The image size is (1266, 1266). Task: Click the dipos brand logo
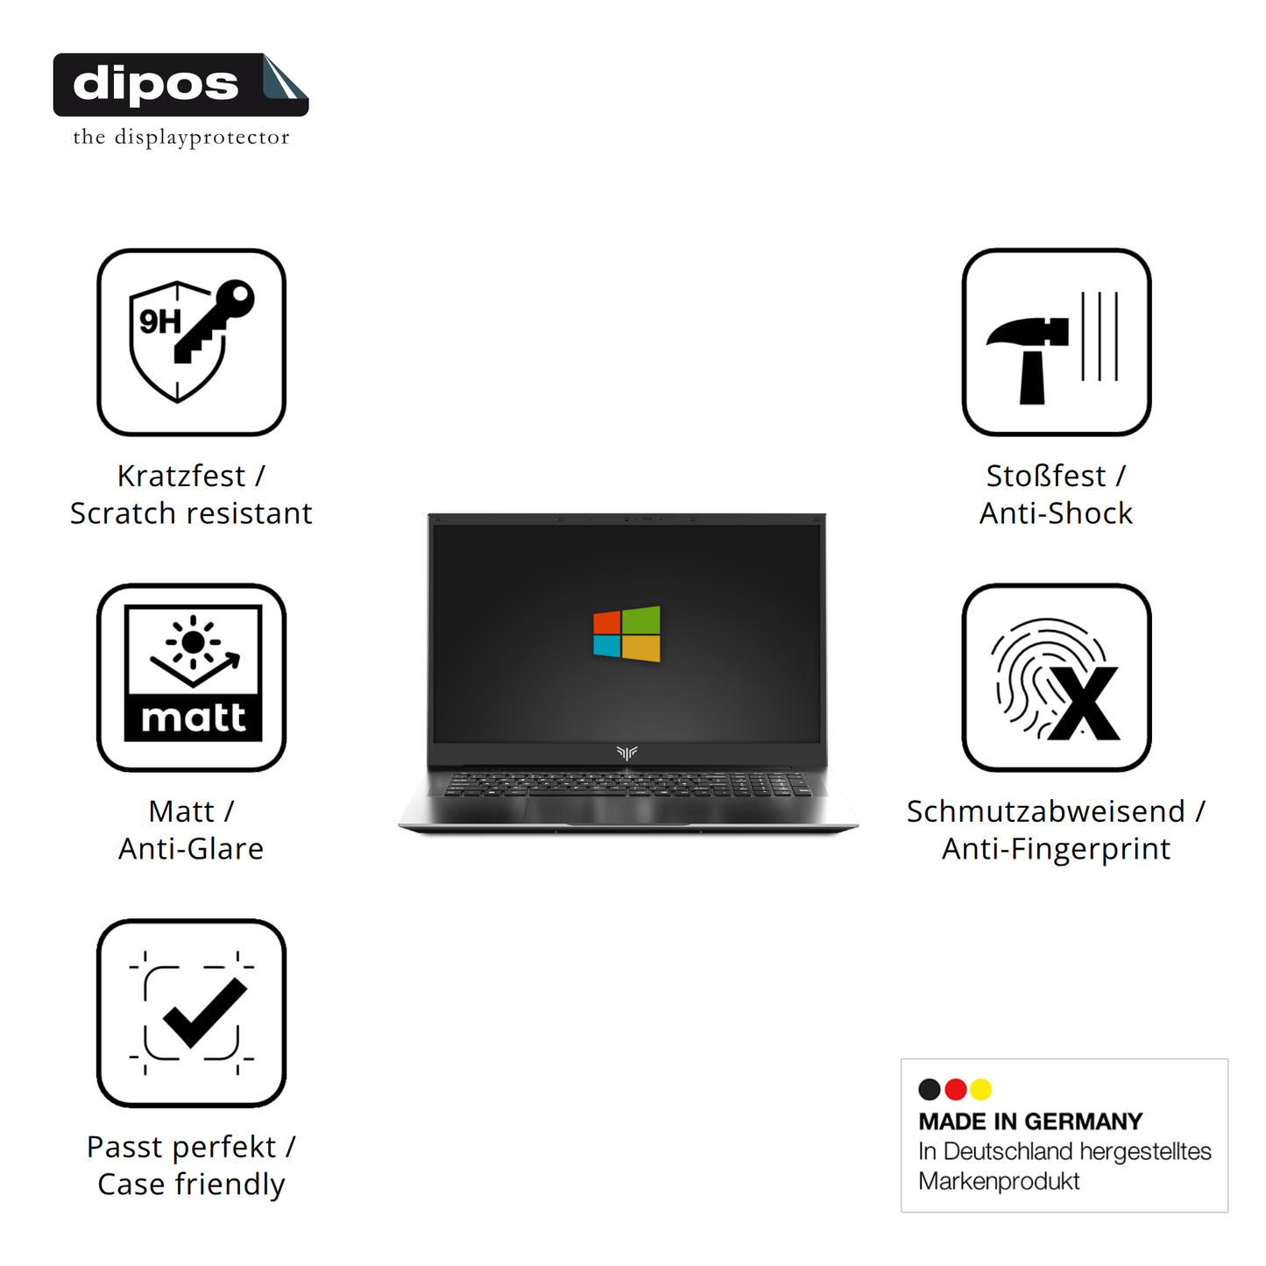pyautogui.click(x=180, y=85)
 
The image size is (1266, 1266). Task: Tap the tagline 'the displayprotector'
pyautogui.click(x=180, y=137)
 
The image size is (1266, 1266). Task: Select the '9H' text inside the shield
pyautogui.click(x=160, y=322)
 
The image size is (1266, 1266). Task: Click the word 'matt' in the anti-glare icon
pyautogui.click(x=194, y=718)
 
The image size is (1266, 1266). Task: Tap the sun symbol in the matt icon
pyautogui.click(x=194, y=641)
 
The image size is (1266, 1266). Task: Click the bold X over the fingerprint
pyautogui.click(x=1085, y=703)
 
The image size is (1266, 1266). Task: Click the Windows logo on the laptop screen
pyautogui.click(x=626, y=633)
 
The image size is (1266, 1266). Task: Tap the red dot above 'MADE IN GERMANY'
pyautogui.click(x=956, y=1089)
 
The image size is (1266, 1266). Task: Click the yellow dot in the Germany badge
pyautogui.click(x=981, y=1089)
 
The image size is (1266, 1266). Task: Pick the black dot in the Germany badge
pyautogui.click(x=930, y=1089)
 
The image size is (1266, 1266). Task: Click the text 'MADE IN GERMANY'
pyautogui.click(x=1030, y=1121)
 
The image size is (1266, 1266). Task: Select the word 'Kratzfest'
pyautogui.click(x=181, y=476)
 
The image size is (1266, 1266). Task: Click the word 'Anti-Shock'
pyautogui.click(x=1056, y=513)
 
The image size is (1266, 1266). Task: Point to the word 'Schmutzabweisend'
pyautogui.click(x=1045, y=811)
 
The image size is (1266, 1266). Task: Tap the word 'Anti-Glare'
pyautogui.click(x=191, y=849)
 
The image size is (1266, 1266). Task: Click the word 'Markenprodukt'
pyautogui.click(x=999, y=1181)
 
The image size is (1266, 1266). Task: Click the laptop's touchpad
pyautogui.click(x=606, y=810)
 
